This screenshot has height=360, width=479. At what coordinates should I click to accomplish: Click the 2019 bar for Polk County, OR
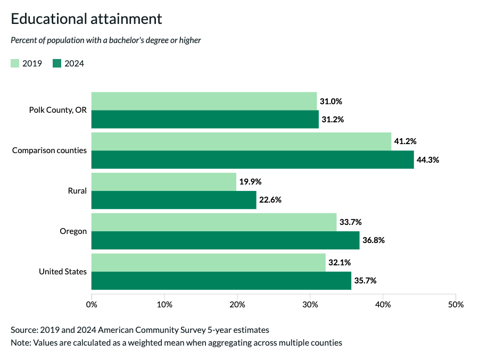tap(204, 101)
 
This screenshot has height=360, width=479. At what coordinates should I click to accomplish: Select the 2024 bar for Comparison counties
tap(252, 160)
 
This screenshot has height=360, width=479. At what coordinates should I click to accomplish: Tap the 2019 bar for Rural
tap(164, 182)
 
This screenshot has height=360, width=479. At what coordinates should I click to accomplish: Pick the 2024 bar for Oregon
tap(225, 240)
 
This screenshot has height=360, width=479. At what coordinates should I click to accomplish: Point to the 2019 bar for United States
tap(208, 263)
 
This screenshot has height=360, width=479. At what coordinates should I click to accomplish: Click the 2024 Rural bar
tap(174, 200)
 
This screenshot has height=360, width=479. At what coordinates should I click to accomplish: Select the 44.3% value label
tap(428, 160)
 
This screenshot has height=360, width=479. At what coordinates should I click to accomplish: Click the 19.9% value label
tap(250, 182)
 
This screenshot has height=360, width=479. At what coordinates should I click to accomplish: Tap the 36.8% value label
tap(374, 240)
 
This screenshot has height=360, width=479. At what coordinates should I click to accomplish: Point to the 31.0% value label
tap(331, 101)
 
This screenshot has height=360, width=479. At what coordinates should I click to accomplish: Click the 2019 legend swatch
tap(15, 64)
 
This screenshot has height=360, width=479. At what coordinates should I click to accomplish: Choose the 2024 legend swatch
tap(57, 64)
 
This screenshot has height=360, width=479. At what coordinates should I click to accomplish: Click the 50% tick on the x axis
tap(456, 305)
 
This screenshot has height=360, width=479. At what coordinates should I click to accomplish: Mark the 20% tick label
tap(237, 305)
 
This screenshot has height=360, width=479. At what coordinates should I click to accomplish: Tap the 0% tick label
tap(92, 305)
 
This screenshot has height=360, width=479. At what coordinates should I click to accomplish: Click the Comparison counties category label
tap(49, 150)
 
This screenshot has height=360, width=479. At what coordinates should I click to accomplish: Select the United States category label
tap(63, 272)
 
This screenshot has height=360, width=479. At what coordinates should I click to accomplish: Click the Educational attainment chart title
tap(86, 19)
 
